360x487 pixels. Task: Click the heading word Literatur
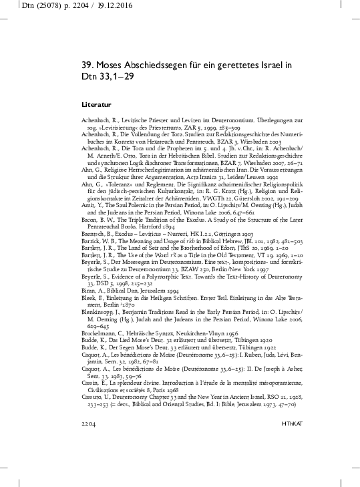96,106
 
